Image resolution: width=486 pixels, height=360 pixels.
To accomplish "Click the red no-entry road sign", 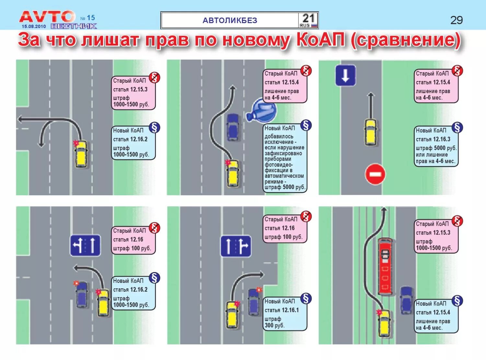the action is (375, 174).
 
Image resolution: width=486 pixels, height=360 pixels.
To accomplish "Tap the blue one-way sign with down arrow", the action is (345, 76).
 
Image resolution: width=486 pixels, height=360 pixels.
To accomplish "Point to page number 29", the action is (457, 20).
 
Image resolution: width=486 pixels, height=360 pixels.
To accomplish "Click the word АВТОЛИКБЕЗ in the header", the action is (230, 20).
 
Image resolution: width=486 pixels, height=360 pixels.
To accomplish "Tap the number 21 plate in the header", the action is (308, 20).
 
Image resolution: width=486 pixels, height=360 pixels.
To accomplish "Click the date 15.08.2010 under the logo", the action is (34, 26).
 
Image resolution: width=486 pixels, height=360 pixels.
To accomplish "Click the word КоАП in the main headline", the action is (320, 40).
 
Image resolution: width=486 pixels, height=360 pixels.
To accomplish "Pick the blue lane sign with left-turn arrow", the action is (85, 245).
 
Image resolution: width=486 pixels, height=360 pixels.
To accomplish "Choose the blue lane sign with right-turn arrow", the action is (236, 246).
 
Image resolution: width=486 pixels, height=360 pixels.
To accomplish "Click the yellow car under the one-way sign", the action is (371, 132).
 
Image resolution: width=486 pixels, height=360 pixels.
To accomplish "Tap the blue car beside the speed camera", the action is (233, 127).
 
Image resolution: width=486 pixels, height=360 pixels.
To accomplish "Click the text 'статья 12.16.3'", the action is (433, 139).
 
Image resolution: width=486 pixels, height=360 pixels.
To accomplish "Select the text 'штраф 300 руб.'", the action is (274, 322).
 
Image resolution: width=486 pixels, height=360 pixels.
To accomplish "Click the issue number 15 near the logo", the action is (91, 18).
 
